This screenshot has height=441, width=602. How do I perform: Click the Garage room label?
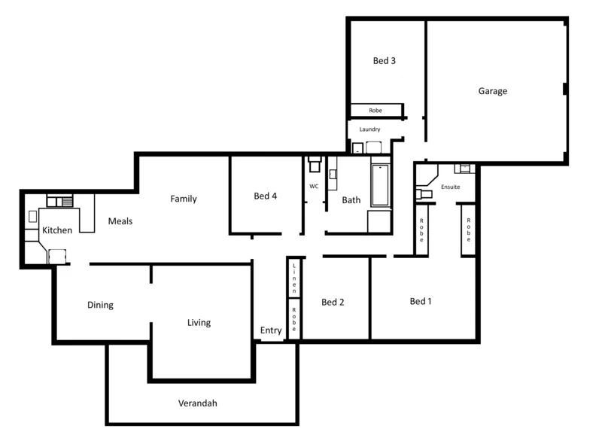493,91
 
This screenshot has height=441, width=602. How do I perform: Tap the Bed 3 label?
385,61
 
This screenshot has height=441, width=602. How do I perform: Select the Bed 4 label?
266,196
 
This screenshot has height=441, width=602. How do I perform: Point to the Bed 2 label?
333,303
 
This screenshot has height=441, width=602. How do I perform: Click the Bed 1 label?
421,301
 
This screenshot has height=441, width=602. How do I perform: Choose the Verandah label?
198,403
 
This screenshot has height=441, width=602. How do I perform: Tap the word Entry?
271,330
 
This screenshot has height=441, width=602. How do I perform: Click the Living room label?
199,323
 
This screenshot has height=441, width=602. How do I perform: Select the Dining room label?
100,305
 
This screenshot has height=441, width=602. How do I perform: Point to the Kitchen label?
57,230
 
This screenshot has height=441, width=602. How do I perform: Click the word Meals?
120,221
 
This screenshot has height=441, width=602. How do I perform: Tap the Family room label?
184,199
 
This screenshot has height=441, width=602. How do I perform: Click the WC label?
314,186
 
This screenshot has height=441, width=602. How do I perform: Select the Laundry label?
370,129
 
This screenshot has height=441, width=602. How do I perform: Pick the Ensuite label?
451,187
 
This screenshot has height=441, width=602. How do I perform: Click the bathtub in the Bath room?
381,186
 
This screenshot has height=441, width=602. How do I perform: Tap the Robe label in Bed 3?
375,111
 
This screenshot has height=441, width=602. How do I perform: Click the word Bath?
351,200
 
